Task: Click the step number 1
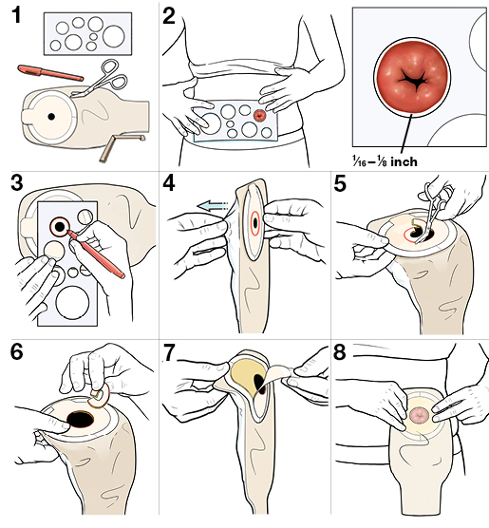pyautogui.click(x=17, y=16)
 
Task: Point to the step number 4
pyautogui.click(x=172, y=183)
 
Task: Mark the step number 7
pyautogui.click(x=171, y=351)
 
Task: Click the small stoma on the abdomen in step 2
pyautogui.click(x=261, y=115)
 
